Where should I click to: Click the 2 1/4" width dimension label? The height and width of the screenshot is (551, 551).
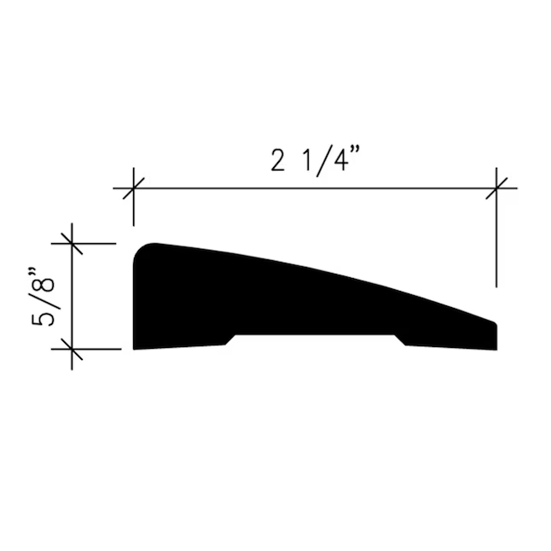316,161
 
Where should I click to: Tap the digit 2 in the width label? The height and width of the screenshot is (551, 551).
277,160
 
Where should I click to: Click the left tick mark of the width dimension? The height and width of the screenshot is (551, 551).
134,188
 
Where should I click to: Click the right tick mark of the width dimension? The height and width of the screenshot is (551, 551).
496,188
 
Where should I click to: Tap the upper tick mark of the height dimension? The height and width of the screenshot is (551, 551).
72,243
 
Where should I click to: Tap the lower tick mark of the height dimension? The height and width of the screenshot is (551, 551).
72,350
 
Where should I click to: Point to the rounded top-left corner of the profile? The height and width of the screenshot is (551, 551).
140,249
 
